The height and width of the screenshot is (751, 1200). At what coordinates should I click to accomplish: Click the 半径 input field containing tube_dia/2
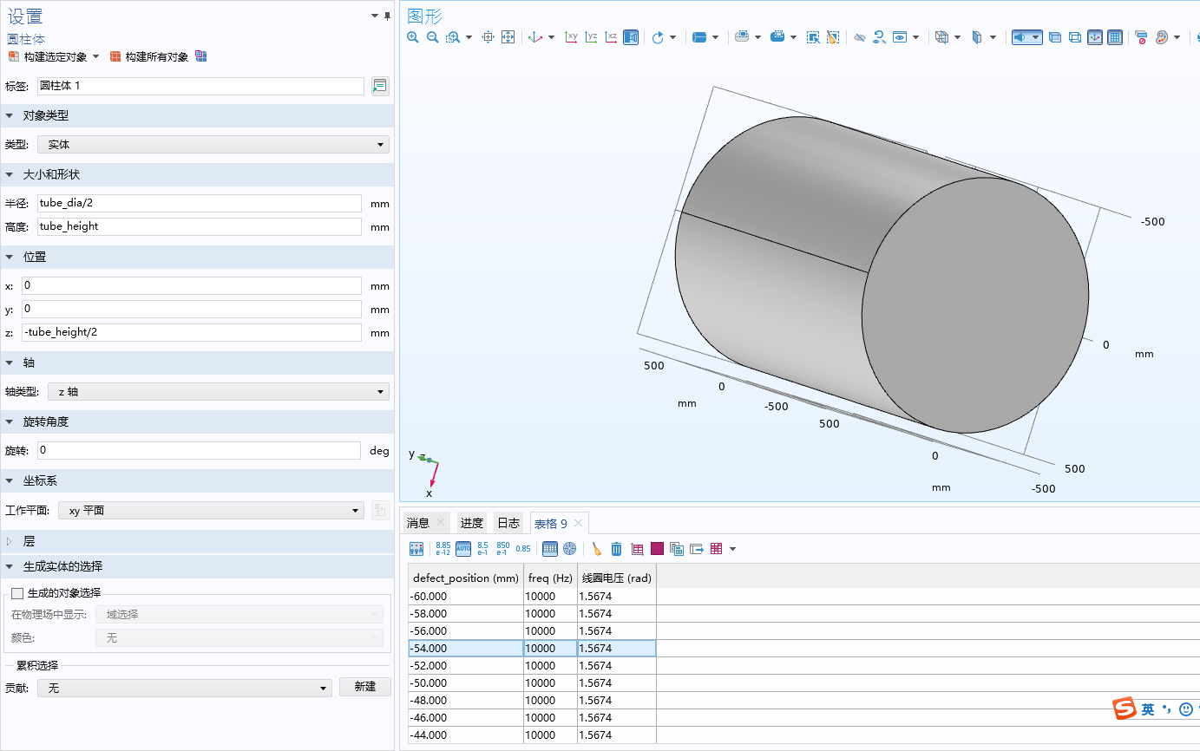coord(199,203)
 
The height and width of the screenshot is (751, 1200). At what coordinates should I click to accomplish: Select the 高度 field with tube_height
coord(199,226)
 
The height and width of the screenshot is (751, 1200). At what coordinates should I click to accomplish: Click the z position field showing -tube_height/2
coord(191,332)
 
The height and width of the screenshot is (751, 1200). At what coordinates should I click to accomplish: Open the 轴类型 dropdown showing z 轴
coord(218,392)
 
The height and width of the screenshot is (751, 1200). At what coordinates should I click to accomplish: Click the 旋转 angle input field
coord(199,451)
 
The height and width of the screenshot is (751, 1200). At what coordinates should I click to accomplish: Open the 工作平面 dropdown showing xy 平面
coord(211,511)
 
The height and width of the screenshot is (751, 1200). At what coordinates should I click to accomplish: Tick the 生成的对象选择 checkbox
coord(17,593)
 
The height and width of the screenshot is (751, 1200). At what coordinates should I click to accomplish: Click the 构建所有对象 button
coord(149,56)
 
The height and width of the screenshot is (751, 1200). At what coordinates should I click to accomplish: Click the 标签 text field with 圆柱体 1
coord(200,86)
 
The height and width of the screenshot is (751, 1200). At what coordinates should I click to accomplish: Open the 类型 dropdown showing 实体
coord(213,145)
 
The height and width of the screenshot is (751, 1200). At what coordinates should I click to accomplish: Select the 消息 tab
coord(418,523)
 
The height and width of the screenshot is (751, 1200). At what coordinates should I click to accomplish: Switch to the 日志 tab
coord(508,523)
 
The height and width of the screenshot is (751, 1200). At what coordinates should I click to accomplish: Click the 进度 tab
coord(472,523)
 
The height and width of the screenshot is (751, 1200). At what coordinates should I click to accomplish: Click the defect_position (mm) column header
coord(465,578)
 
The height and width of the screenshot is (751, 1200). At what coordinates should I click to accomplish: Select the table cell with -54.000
coord(465,648)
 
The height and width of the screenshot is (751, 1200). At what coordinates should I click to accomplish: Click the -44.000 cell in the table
coord(465,735)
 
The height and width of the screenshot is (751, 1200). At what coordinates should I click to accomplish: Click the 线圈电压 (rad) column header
coord(616,578)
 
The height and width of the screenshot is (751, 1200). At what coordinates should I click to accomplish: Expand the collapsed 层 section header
coord(29,541)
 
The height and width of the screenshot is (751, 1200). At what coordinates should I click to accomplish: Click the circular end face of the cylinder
coord(974,305)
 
